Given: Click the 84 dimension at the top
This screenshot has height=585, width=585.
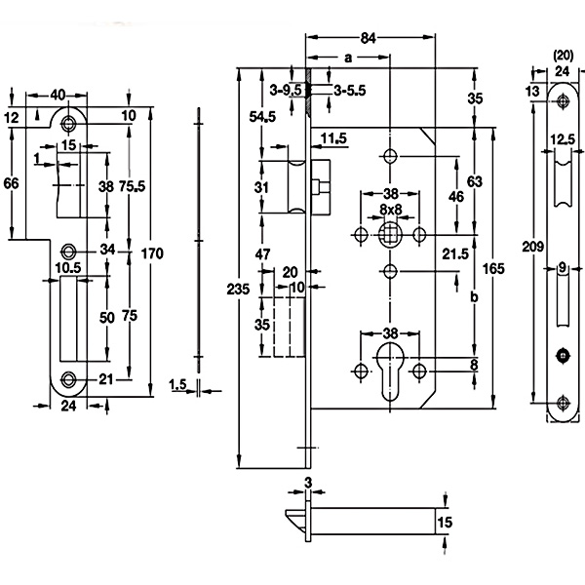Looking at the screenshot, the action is (368, 38).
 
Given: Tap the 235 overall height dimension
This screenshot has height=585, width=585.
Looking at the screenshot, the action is (238, 290).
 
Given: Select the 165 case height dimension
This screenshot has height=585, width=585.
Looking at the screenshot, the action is (493, 269).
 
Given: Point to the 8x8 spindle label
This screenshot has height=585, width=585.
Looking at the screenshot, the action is (391, 210).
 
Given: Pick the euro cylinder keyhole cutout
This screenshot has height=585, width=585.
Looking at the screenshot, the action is (390, 372).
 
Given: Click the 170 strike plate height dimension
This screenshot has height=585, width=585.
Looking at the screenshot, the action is (152, 253).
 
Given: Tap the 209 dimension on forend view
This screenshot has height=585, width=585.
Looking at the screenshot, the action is (532, 247).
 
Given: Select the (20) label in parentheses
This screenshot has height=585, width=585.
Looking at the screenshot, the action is (564, 56).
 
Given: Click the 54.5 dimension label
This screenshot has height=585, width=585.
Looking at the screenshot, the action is (262, 117).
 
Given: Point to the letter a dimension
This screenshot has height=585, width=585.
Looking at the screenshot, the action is (348, 58).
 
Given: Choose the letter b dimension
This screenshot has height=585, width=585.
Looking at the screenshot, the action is (474, 297).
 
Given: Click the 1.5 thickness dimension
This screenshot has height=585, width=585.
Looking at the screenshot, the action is (178, 385).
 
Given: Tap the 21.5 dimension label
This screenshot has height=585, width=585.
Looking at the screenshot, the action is (455, 254).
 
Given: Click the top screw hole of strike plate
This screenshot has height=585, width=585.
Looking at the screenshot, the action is (68, 123).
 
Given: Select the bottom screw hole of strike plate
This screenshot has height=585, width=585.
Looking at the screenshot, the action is (68, 379).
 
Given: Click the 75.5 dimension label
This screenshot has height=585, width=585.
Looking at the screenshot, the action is (132, 186).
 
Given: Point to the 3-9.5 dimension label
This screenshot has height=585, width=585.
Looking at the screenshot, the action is (286, 90).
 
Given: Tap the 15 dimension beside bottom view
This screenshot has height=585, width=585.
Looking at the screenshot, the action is (445, 523).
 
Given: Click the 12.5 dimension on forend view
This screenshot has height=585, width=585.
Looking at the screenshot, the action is (563, 139).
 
